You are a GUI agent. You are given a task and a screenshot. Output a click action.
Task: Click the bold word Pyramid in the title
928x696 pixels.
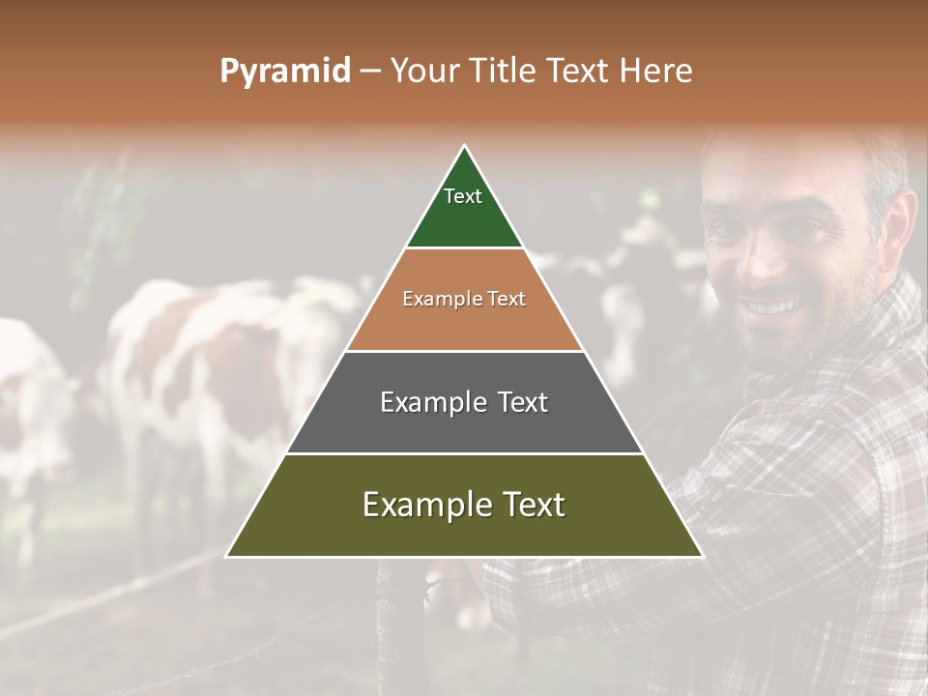pos(285,72)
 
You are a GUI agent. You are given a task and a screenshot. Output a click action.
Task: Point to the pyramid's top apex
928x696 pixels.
pos(465,147)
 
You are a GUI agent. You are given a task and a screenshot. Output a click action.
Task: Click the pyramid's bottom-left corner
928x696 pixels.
pos(227,556)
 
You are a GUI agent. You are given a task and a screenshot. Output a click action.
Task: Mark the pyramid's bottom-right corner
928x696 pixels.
pos(702,556)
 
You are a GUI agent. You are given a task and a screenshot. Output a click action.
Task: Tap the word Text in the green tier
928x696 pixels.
pos(463,196)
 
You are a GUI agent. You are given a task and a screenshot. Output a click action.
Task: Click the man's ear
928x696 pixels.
pos(900,220)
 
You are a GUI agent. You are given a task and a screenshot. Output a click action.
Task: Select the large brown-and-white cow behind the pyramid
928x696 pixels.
pos(213,367)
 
